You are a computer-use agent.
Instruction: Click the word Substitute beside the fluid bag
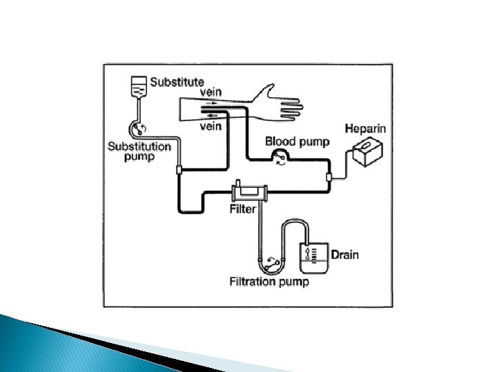point(177,81)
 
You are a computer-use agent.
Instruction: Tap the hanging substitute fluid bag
point(139,88)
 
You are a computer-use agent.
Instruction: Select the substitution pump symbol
point(140,128)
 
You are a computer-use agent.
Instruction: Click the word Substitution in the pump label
point(139,146)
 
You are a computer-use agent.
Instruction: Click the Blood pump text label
point(298,142)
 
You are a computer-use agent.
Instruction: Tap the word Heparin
point(365,129)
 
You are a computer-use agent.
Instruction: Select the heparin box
point(366,151)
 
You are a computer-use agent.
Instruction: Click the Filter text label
point(243,209)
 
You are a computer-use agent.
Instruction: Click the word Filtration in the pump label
point(254,281)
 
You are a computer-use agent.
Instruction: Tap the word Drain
point(344,255)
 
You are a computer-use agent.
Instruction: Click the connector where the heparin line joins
point(329,178)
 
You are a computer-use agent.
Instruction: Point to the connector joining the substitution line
point(178,169)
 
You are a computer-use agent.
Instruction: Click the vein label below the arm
point(210,126)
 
